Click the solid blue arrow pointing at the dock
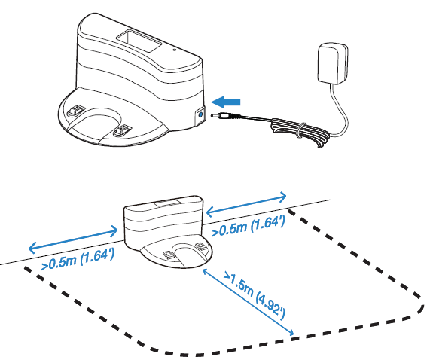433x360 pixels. (x=225, y=102)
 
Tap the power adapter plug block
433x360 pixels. (x=333, y=63)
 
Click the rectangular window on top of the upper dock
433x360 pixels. (x=139, y=41)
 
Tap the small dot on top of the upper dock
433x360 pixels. (x=174, y=50)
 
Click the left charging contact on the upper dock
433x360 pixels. (x=76, y=110)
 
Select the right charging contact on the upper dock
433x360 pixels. (x=121, y=130)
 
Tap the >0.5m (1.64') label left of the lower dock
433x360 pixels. (x=78, y=259)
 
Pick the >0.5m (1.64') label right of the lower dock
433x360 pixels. (x=248, y=225)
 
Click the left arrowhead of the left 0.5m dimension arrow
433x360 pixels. (x=32, y=247)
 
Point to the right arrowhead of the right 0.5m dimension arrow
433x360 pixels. (x=282, y=197)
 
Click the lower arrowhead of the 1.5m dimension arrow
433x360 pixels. (x=291, y=333)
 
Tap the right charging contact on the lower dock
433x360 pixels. (x=200, y=246)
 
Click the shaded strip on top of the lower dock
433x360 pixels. (x=168, y=203)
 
